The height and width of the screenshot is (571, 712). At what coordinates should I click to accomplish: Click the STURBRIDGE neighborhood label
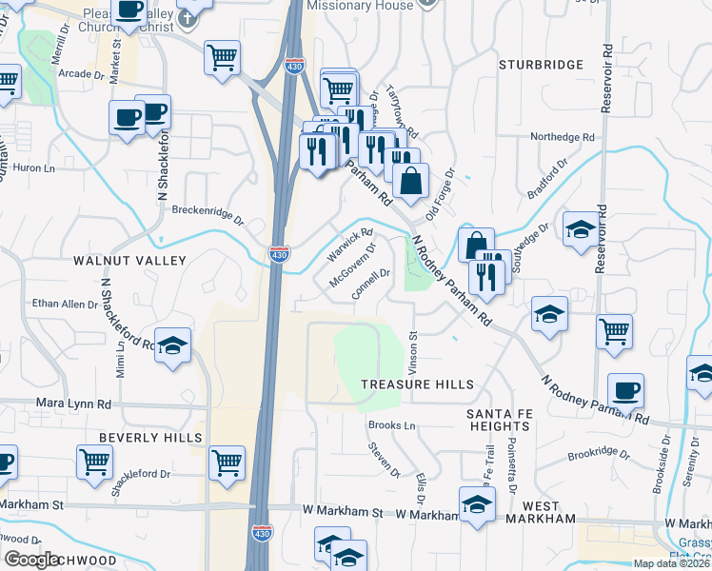[x=541, y=65]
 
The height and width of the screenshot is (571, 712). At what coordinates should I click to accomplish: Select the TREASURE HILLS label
[x=417, y=384]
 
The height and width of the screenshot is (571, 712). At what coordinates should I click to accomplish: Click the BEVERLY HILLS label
[x=150, y=438]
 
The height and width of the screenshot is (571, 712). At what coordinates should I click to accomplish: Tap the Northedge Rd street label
[x=563, y=136]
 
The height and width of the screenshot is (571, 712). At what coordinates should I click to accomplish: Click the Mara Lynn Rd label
[x=73, y=404]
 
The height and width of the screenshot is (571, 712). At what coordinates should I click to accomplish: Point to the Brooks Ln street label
[x=392, y=425]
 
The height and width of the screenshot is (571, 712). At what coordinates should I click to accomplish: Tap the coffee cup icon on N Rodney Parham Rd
[x=625, y=389]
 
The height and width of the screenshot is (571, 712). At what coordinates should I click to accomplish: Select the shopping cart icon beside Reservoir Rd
[x=615, y=332]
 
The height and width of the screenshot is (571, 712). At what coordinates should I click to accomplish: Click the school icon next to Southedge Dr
[x=581, y=229]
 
